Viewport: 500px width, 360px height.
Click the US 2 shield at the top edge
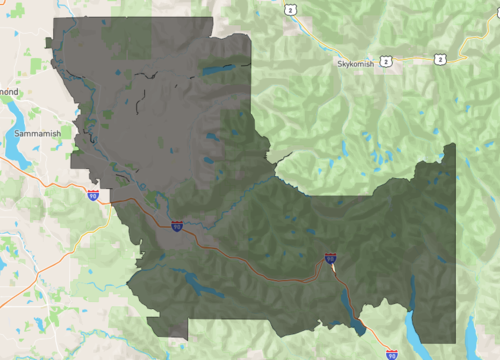(x=289, y=9)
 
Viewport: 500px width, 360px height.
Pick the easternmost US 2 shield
(x=440, y=60)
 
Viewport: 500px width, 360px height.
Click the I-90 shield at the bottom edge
(x=391, y=353)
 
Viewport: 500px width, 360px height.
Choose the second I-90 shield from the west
(x=176, y=227)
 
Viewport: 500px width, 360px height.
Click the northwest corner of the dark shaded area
(x=54, y=19)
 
